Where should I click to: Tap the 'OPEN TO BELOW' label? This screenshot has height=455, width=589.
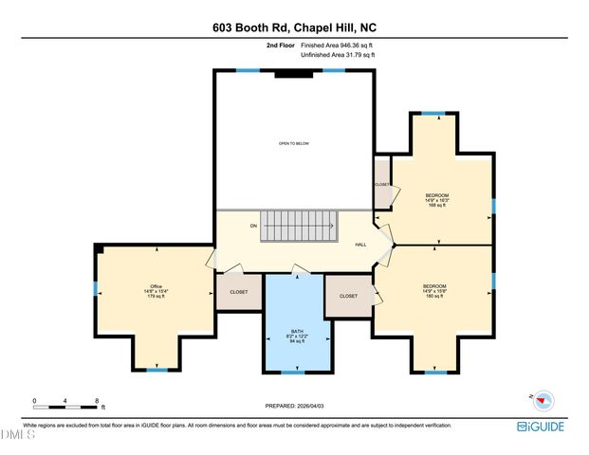pyautogui.click(x=293, y=143)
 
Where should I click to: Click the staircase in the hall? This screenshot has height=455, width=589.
pyautogui.click(x=300, y=227)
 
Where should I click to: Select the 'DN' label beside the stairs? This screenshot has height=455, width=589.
pyautogui.click(x=253, y=226)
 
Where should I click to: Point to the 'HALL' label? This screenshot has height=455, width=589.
pyautogui.click(x=360, y=245)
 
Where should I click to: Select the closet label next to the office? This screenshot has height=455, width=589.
pyautogui.click(x=239, y=292)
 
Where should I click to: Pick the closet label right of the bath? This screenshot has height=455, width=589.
pyautogui.click(x=348, y=296)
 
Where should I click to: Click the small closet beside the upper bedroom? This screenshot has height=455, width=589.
pyautogui.click(x=382, y=185)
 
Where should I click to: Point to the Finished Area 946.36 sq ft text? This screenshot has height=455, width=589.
pyautogui.click(x=337, y=45)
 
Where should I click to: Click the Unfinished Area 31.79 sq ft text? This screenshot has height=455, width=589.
pyautogui.click(x=337, y=55)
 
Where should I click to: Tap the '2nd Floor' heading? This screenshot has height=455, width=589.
pyautogui.click(x=280, y=45)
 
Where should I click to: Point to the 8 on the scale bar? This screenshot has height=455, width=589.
pyautogui.click(x=97, y=401)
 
